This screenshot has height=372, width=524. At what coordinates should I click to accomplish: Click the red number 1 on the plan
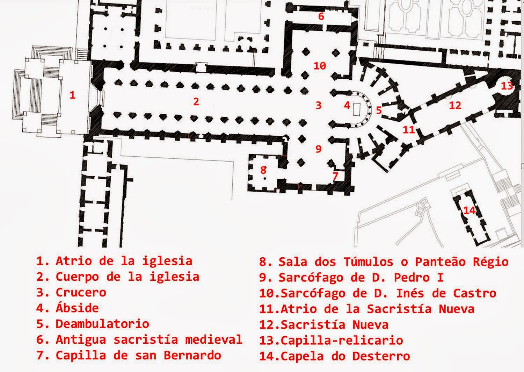pos(72,95)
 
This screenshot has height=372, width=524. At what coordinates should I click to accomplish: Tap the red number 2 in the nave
pos(196,101)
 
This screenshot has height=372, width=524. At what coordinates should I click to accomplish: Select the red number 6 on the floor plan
pos(321,16)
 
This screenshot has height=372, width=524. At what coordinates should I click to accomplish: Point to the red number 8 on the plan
pos(263,170)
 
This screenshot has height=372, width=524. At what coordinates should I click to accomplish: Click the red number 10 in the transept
pos(320,65)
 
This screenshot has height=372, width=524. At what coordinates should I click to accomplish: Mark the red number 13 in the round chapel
pos(507,86)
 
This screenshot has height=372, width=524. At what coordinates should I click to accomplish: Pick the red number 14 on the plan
pos(470,210)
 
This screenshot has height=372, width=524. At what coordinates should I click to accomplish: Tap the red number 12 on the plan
pos(455,105)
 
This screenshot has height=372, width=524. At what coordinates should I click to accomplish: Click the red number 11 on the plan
pos(408,130)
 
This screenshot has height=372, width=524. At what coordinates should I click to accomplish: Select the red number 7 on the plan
pos(335,176)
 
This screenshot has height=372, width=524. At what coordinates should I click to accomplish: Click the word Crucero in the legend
pos(81,292)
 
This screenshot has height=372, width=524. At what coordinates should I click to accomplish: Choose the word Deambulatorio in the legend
pos(102,324)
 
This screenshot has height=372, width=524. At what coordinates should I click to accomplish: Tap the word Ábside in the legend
pos(77,308)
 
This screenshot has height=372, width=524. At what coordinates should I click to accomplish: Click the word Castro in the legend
pos(474,293)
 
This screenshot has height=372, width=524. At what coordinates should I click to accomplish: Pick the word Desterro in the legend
pos(381,356)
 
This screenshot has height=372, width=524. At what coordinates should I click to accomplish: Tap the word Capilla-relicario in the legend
pos(342,340)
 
